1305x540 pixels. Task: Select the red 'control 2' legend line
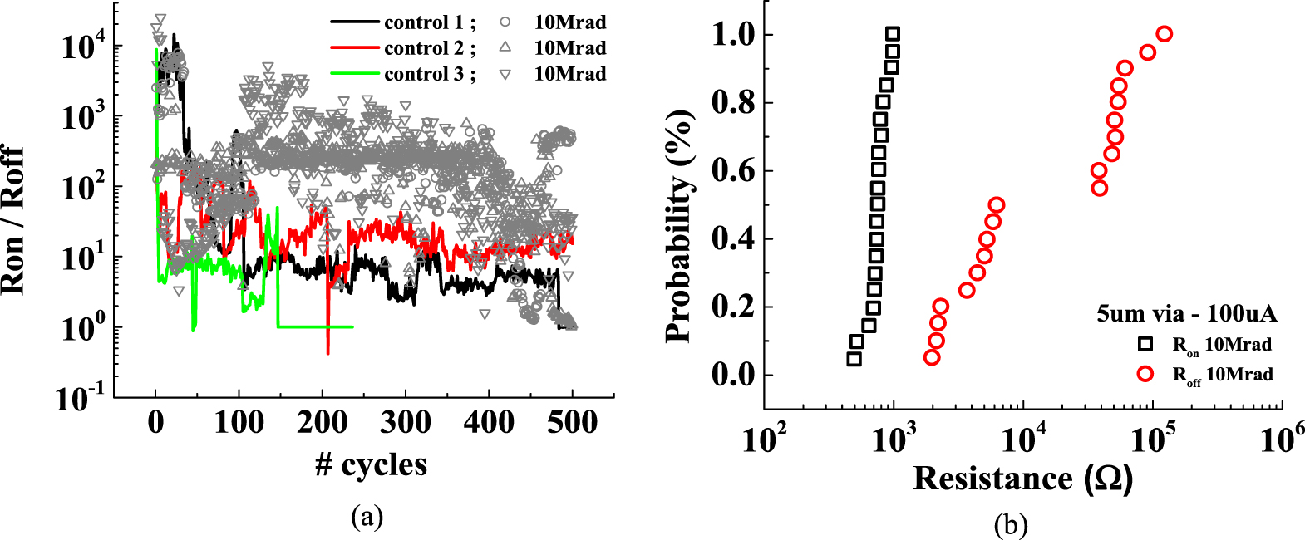point(355,48)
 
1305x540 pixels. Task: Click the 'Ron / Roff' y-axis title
point(13,221)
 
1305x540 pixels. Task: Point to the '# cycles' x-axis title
point(371,464)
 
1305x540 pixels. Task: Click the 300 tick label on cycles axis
point(406,423)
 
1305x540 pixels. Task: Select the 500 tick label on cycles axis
point(573,423)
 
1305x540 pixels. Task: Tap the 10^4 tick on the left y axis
point(82,47)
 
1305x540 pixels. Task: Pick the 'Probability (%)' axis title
point(678,225)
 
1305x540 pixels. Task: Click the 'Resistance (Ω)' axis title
point(1022,479)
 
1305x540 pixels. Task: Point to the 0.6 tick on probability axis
point(731,171)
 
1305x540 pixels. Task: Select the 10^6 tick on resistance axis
point(1282,439)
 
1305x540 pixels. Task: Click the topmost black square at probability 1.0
point(893,34)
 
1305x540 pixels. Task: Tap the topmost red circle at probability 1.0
point(1165,34)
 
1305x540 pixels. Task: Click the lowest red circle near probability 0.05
point(932,357)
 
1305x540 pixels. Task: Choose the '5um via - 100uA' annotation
point(1186,313)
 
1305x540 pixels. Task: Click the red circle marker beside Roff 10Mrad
point(1145,374)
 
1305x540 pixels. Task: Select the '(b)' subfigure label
point(1010,524)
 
